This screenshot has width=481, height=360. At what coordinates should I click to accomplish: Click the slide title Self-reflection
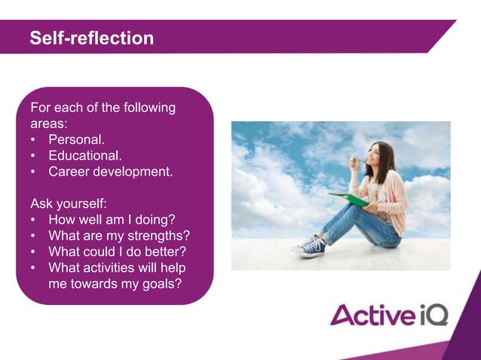click(x=91, y=38)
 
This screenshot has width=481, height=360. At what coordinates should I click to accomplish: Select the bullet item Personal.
click(x=76, y=139)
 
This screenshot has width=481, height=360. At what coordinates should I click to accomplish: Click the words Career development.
click(x=110, y=172)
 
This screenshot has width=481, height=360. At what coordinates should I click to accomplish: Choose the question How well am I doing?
click(x=112, y=220)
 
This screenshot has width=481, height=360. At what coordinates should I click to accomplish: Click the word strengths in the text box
click(x=159, y=236)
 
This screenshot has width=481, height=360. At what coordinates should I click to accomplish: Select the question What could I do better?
click(x=117, y=252)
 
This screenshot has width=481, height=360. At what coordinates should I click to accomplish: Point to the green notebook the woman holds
click(x=348, y=198)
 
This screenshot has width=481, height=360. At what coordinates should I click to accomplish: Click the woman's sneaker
click(x=311, y=246)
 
